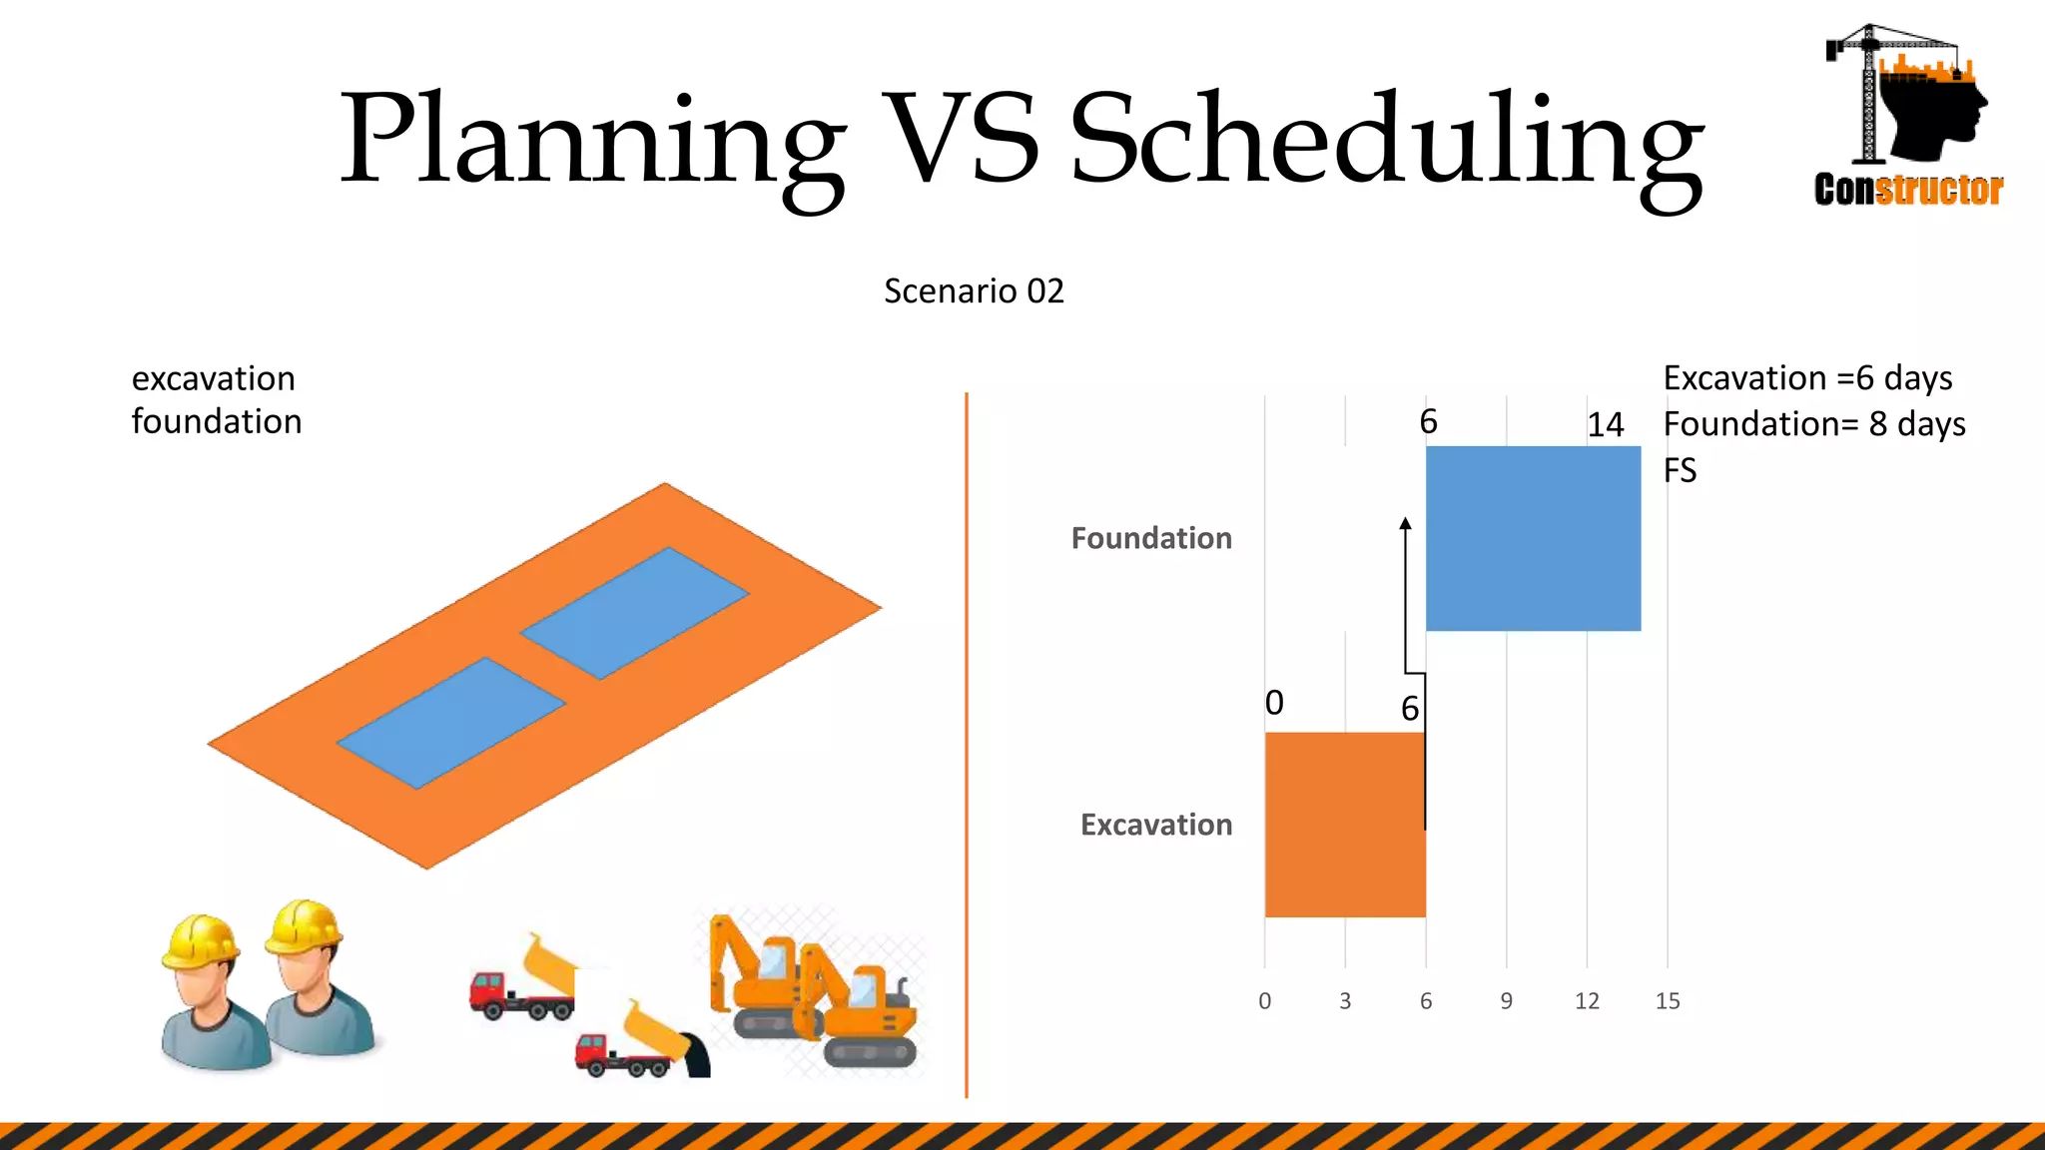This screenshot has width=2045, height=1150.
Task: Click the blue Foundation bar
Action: point(1533,538)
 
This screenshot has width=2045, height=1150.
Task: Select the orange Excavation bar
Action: point(1344,825)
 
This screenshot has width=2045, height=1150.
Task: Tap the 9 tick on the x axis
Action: point(1506,1001)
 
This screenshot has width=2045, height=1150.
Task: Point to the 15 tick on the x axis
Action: point(1668,1001)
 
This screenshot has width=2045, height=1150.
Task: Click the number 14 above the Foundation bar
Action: point(1606,425)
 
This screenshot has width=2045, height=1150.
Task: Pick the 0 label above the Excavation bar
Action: point(1274,703)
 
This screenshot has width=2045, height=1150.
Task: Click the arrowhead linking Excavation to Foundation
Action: point(1405,523)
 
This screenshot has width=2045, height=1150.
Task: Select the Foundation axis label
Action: point(1151,538)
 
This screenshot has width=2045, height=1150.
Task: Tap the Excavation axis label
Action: point(1156,825)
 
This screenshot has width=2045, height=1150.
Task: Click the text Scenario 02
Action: point(974,291)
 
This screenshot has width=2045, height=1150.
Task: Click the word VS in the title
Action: point(961,140)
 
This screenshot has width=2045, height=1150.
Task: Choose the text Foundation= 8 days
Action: point(1813,424)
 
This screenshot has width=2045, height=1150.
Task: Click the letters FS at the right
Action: point(1680,470)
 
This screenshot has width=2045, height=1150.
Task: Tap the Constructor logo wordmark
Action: point(1908,190)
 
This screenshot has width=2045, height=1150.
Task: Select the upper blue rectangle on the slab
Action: point(634,612)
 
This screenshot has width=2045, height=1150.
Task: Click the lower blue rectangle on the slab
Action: point(451,722)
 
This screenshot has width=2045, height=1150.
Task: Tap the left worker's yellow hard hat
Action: point(201,940)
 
